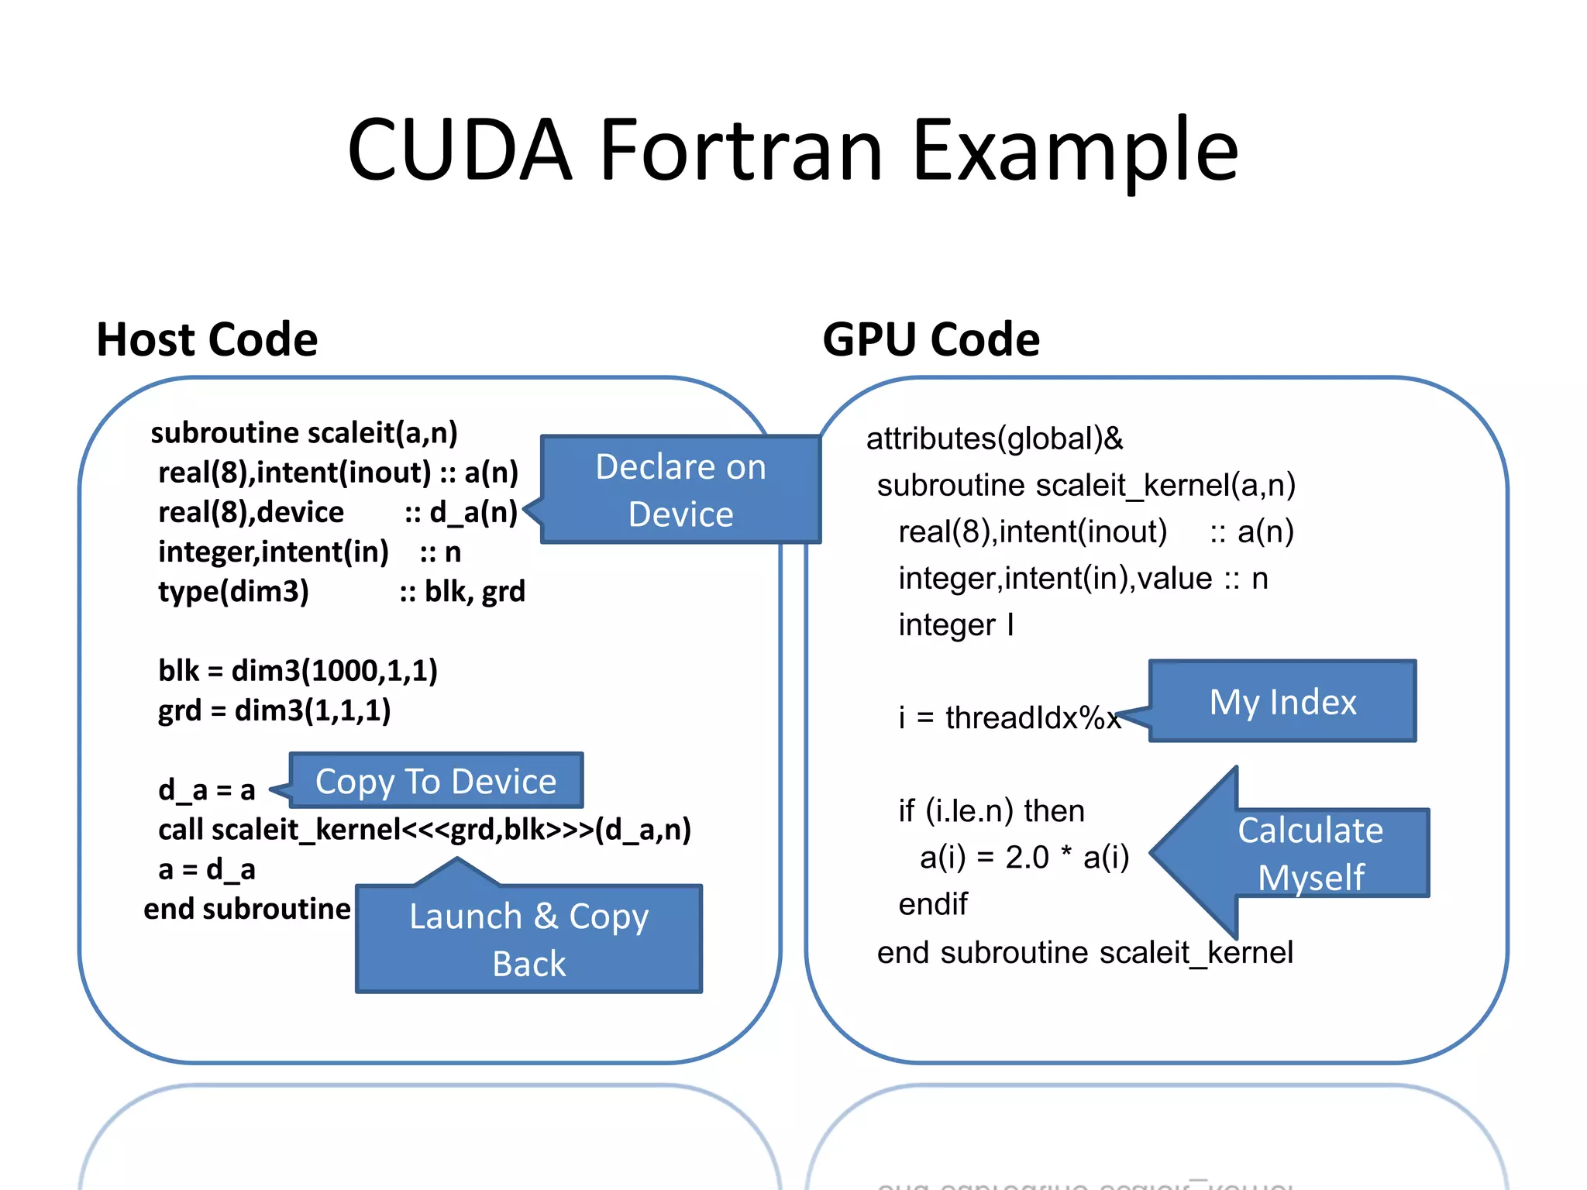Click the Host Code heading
tap(207, 339)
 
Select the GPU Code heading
tap(931, 339)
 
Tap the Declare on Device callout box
tap(680, 490)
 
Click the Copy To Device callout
tap(435, 781)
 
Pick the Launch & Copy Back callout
tap(528, 938)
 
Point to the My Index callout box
tap(1282, 701)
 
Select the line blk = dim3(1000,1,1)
tap(298, 670)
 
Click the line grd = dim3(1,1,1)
tap(274, 710)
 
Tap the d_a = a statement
tap(206, 789)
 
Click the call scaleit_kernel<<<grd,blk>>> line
tap(424, 829)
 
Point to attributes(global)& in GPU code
tap(994, 439)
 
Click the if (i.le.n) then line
tap(991, 810)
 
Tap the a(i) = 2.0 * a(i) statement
tap(1024, 857)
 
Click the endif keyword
tap(932, 903)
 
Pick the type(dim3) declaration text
tap(233, 591)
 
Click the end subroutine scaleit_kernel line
tap(1084, 952)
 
